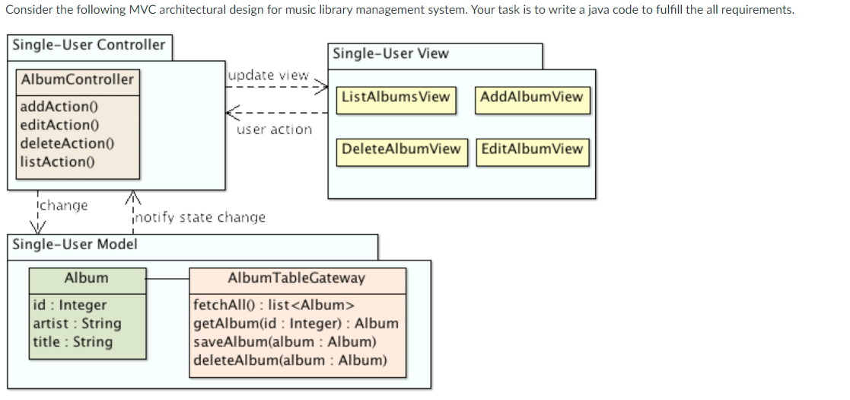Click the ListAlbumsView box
pos(396,98)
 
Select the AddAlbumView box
pos(532,98)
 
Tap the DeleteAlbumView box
pos(401,149)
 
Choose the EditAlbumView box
pos(532,149)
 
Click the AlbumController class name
pos(78,80)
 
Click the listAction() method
pos(53,162)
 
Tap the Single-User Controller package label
pos(88,45)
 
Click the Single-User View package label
pos(390,54)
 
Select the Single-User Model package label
pos(75,245)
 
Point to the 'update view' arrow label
pos(268,75)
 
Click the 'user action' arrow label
pos(274,130)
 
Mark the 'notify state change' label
pos(200,218)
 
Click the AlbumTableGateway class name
pos(296,278)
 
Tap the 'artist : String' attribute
pos(77,324)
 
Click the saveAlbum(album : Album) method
pos(285,342)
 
